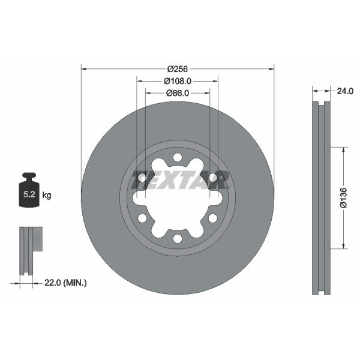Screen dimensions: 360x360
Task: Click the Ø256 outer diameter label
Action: coord(177,69)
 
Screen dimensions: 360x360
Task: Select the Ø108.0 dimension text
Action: coord(178,81)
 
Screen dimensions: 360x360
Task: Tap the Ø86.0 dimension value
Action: coord(178,93)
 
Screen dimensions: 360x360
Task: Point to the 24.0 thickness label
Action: coord(345,91)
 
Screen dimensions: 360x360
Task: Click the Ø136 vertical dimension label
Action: coord(344,198)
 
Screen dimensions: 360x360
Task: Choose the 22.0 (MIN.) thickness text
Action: coord(65,283)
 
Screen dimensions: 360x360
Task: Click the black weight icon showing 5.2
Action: coord(29,190)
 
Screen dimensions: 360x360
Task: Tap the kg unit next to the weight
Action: coord(47,196)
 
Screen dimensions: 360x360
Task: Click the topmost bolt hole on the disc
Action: coord(178,158)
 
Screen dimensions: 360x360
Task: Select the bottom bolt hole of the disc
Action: coord(178,238)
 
